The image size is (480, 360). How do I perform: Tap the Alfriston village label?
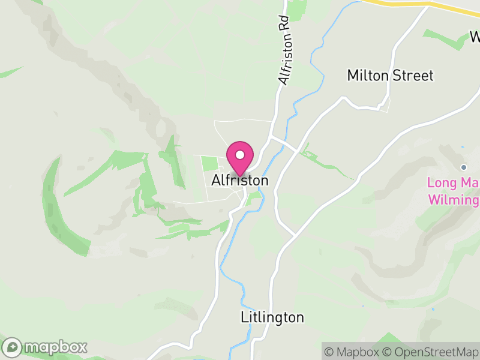click(x=240, y=180)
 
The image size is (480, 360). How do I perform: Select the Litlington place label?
click(x=272, y=317)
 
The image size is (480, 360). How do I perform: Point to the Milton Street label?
click(x=390, y=76)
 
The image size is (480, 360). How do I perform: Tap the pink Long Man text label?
click(x=453, y=182)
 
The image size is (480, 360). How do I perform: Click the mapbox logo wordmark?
click(x=56, y=347)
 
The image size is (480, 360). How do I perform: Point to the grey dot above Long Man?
click(x=463, y=167)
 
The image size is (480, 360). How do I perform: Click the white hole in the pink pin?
click(x=240, y=154)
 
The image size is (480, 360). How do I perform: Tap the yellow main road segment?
click(x=420, y=4)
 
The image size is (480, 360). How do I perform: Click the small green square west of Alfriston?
click(x=209, y=163)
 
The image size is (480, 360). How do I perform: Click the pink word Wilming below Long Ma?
click(x=453, y=199)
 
